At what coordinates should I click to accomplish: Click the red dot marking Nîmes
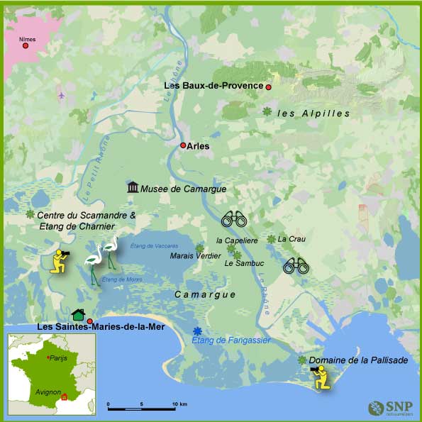click(26, 46)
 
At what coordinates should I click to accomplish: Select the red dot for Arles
click(183, 145)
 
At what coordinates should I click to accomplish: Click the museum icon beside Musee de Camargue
click(133, 187)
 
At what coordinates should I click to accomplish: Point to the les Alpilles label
click(314, 113)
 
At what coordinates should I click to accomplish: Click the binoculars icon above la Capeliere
click(233, 219)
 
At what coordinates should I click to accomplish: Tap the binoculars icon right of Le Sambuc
click(296, 266)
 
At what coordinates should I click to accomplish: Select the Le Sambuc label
click(243, 263)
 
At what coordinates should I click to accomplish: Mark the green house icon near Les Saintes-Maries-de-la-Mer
click(79, 315)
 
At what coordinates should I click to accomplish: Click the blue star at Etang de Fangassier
click(197, 331)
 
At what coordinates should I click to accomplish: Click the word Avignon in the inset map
click(47, 392)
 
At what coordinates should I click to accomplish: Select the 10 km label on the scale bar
click(179, 404)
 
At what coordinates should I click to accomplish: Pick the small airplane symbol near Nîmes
click(61, 95)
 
